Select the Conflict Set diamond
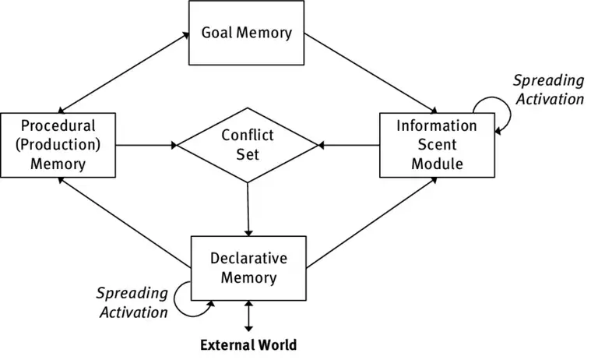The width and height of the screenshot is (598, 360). (x=247, y=144)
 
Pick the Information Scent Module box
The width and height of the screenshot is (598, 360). (x=436, y=144)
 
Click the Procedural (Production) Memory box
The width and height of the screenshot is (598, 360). (x=58, y=144)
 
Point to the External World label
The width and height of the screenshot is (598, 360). (x=248, y=344)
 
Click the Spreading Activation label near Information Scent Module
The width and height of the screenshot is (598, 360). (x=548, y=90)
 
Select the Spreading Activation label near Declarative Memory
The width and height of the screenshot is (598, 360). (x=132, y=302)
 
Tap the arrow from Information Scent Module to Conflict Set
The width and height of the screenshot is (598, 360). (x=349, y=144)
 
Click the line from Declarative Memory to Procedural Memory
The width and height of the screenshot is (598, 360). (x=125, y=221)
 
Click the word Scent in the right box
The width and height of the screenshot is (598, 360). (x=436, y=144)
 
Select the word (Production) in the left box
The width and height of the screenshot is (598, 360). (x=58, y=144)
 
